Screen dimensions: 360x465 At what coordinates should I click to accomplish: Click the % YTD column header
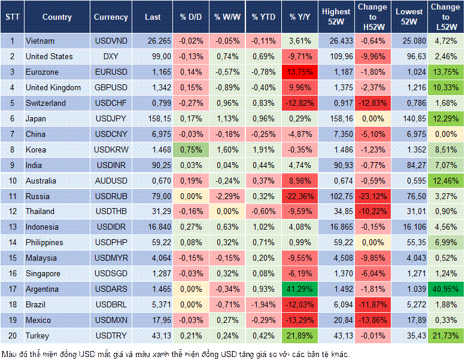pyautogui.click(x=264, y=17)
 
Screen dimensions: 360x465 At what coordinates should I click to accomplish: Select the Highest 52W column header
pyautogui.click(x=336, y=17)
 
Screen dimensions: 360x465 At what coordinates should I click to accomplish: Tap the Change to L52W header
pyautogui.click(x=445, y=17)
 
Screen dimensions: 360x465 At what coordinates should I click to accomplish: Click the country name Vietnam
pyautogui.click(x=40, y=41)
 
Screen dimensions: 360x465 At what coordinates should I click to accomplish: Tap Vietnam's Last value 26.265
pyautogui.click(x=158, y=41)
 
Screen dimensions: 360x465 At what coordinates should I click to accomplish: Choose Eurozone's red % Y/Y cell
pyautogui.click(x=300, y=72)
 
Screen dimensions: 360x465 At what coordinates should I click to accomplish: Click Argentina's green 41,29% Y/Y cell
pyautogui.click(x=300, y=289)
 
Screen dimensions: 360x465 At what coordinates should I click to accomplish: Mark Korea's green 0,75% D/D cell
pyautogui.click(x=190, y=150)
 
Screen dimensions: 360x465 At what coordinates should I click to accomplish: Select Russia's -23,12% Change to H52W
pyautogui.click(x=373, y=196)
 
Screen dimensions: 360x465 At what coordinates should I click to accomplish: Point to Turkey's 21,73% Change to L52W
pyautogui.click(x=445, y=335)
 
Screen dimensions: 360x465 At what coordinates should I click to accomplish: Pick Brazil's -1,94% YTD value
pyautogui.click(x=264, y=304)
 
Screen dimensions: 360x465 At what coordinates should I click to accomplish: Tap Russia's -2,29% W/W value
pyautogui.click(x=226, y=196)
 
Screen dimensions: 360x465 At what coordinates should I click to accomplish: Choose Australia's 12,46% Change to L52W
pyautogui.click(x=445, y=181)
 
